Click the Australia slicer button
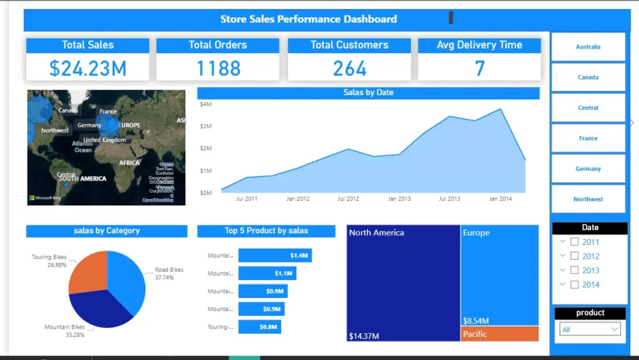pyautogui.click(x=588, y=47)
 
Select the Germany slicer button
pyautogui.click(x=588, y=169)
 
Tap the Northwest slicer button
pyautogui.click(x=588, y=199)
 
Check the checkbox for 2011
pyautogui.click(x=574, y=242)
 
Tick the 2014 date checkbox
pyautogui.click(x=574, y=285)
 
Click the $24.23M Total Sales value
pyautogui.click(x=88, y=68)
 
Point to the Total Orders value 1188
pyautogui.click(x=218, y=68)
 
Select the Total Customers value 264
pyautogui.click(x=350, y=68)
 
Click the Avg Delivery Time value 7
pyautogui.click(x=479, y=68)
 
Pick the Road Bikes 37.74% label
pyautogui.click(x=169, y=274)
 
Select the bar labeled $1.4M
pyautogui.click(x=275, y=256)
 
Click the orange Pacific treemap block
pyautogui.click(x=499, y=334)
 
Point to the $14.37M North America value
pyautogui.click(x=364, y=336)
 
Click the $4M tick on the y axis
pyautogui.click(x=206, y=104)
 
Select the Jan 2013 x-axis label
pyautogui.click(x=399, y=199)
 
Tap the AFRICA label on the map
pyautogui.click(x=129, y=162)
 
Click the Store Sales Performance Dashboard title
pyautogui.click(x=308, y=19)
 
